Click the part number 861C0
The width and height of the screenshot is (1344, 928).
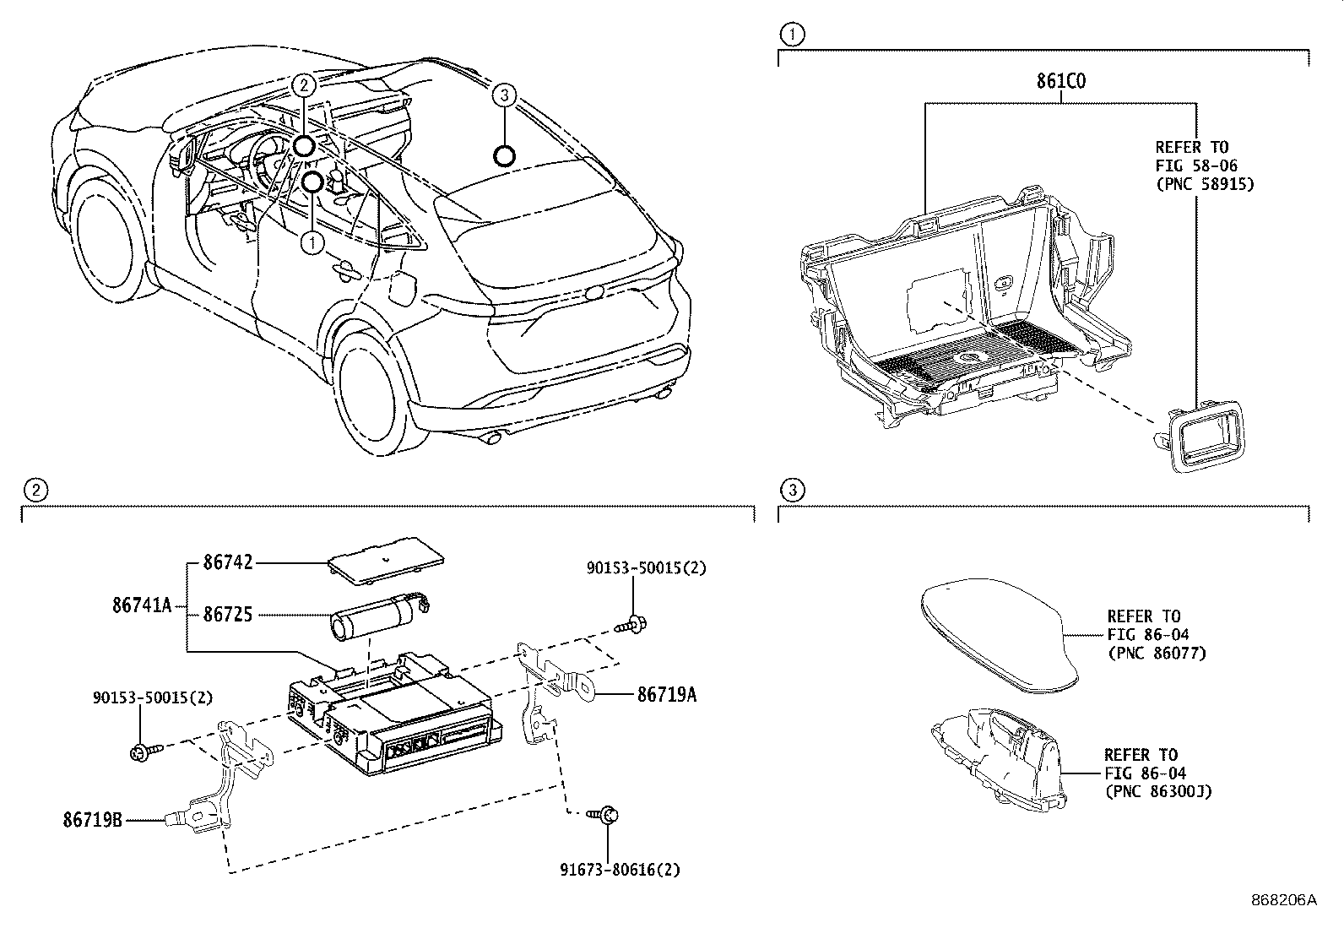pos(1060,82)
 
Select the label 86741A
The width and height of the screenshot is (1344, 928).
pos(141,605)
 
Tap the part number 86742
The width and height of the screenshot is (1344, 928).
pos(228,562)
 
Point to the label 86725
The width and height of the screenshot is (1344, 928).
pos(228,615)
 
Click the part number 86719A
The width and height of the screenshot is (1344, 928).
pos(667,694)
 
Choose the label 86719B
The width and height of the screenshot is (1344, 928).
pos(93,819)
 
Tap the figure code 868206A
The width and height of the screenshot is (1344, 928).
pos(1283,900)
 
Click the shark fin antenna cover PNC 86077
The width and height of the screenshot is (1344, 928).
pos(996,638)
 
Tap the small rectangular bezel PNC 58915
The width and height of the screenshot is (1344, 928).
pos(1206,436)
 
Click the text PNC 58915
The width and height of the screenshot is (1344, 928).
pos(1205,183)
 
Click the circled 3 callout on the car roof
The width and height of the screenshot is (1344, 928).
pos(503,95)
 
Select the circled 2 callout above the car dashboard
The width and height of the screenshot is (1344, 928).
pos(304,84)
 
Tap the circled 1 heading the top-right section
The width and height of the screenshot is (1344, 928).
pos(792,35)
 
